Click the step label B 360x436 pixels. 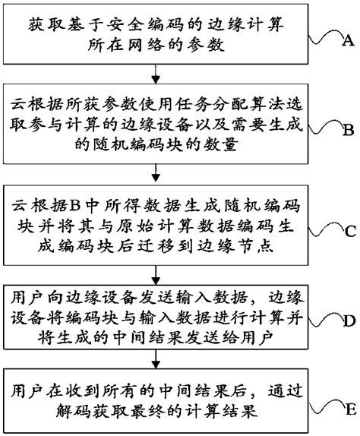[x=348, y=130]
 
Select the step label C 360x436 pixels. [x=348, y=229]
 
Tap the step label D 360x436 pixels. [x=348, y=322]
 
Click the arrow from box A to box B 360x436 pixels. [x=156, y=74]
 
